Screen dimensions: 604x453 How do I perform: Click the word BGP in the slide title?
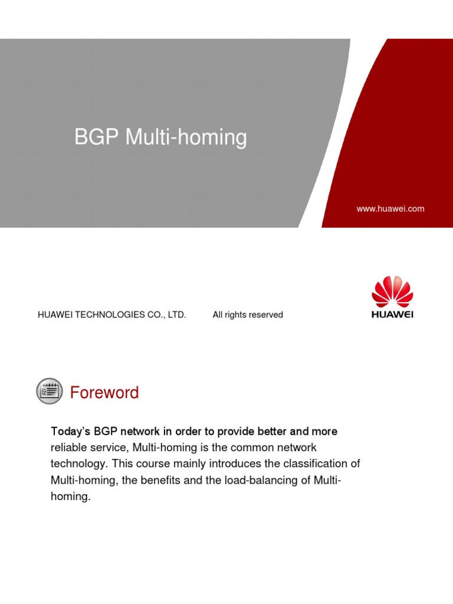97,137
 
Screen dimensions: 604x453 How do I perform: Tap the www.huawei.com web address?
390,209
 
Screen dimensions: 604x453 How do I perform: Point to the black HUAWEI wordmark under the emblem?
392,314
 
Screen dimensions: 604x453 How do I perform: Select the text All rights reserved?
248,315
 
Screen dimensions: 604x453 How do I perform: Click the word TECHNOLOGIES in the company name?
106,315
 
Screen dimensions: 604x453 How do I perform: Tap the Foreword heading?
104,393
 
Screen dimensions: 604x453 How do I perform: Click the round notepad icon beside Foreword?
50,391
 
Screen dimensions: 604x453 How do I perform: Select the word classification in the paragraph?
312,464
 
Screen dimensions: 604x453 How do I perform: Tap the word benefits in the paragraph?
166,481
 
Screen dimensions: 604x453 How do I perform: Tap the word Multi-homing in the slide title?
186,137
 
